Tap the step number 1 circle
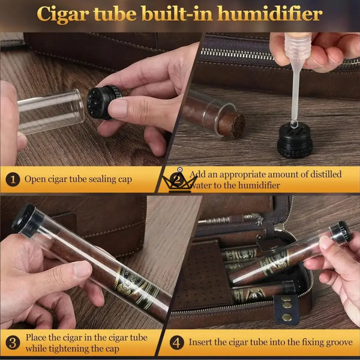(13, 179)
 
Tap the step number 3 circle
(13, 343)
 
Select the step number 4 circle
(177, 343)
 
